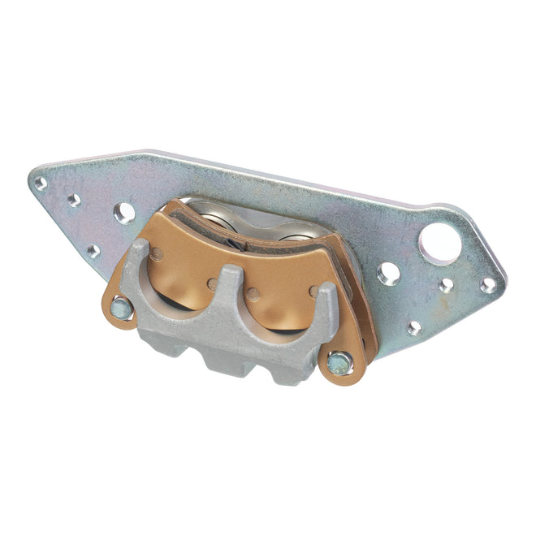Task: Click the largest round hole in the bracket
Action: coord(440,243)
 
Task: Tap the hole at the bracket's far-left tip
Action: coord(41,184)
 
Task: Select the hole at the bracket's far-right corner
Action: coord(488,285)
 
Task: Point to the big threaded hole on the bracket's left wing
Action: coord(124,214)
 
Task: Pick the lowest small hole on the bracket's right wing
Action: coord(415,327)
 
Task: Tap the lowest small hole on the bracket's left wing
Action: coord(94,251)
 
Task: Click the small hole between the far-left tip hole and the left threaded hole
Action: coord(74,200)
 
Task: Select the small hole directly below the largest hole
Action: coord(446,285)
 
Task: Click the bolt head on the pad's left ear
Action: coord(121,308)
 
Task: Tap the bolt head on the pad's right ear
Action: coord(339,363)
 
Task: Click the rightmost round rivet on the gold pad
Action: coord(313,290)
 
